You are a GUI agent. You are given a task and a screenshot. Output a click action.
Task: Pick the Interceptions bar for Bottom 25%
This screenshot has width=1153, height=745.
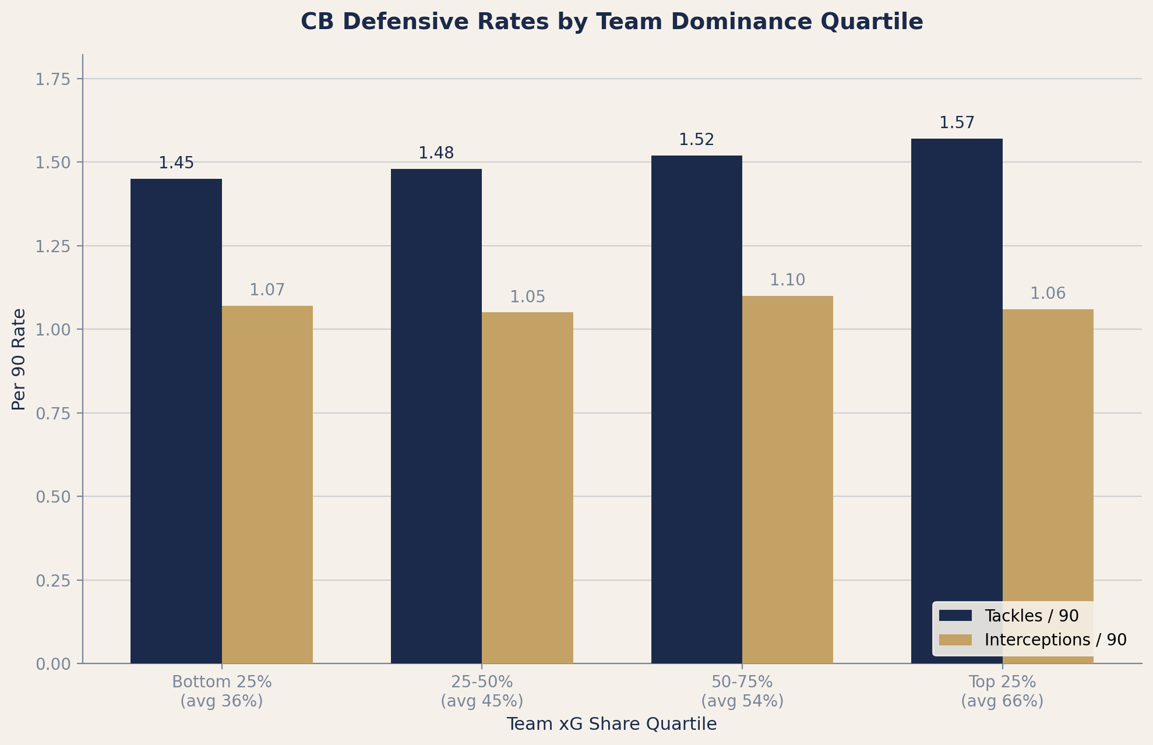[x=267, y=484]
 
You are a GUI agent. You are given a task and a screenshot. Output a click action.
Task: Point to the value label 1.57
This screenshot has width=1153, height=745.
[x=957, y=123]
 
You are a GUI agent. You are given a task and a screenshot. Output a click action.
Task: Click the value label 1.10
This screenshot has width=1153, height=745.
[x=787, y=280]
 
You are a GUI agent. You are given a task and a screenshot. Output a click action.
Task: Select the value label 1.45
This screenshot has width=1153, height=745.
[x=176, y=163]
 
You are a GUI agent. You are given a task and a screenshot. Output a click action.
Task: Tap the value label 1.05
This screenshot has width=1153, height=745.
[x=527, y=297]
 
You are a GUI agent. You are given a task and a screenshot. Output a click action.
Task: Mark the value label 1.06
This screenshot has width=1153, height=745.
[x=1048, y=294]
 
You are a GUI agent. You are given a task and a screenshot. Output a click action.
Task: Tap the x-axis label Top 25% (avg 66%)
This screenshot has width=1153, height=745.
[x=1002, y=691]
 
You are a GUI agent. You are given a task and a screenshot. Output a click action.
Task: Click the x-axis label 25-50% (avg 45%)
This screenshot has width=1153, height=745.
[x=482, y=691]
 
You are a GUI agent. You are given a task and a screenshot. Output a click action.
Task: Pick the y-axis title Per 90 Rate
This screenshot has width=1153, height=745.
[x=19, y=359]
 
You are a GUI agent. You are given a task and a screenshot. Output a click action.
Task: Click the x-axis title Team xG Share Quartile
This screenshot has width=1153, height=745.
[x=611, y=724]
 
